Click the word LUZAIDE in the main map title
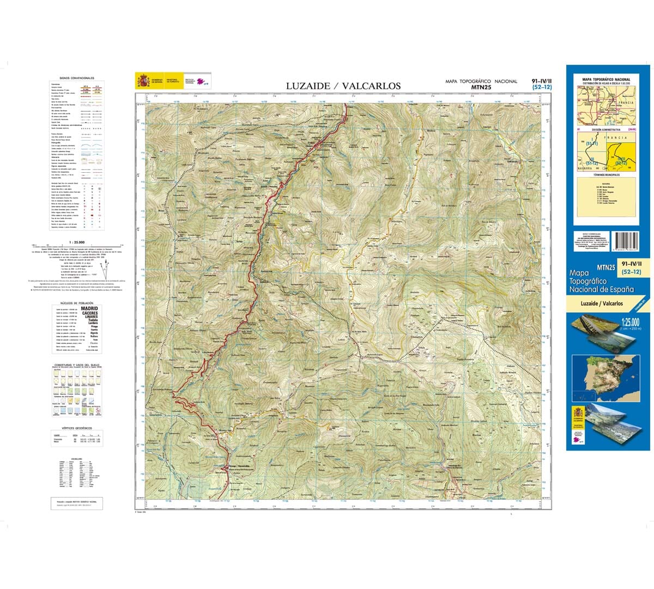308,86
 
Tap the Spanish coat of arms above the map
143,81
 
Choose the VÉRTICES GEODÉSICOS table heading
77,429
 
